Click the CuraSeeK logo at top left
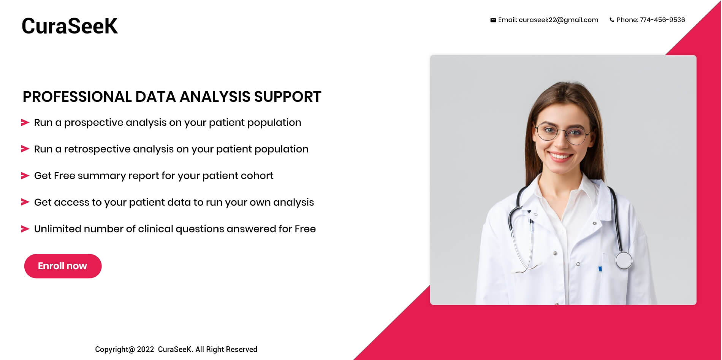click(x=70, y=26)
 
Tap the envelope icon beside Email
click(x=493, y=20)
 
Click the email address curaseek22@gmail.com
click(x=558, y=20)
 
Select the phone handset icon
click(x=612, y=20)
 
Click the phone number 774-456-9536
click(x=662, y=20)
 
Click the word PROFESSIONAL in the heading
click(x=77, y=97)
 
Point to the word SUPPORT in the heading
click(x=288, y=97)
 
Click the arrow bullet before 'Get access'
click(x=25, y=202)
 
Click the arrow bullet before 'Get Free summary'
click(x=25, y=176)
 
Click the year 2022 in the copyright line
click(x=146, y=349)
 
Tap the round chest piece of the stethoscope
click(x=624, y=260)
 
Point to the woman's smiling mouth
click(x=561, y=156)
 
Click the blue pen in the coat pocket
click(x=600, y=269)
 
